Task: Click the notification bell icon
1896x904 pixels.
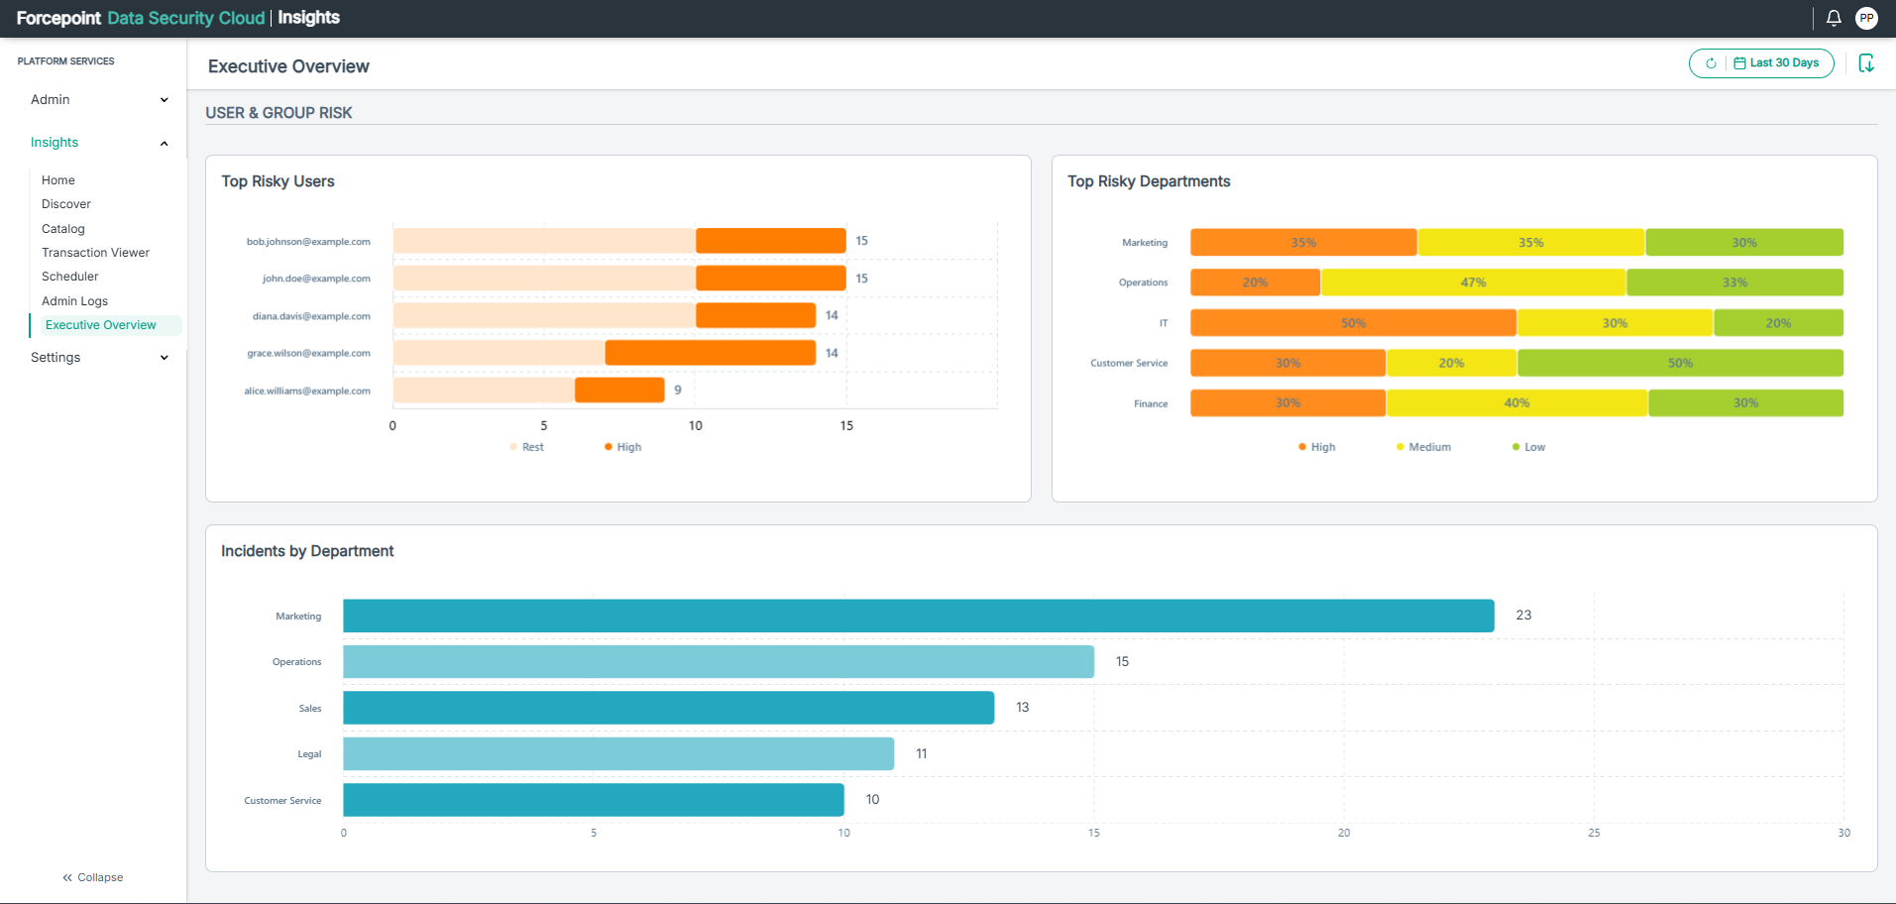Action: tap(1834, 18)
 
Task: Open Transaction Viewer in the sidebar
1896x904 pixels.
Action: tap(95, 253)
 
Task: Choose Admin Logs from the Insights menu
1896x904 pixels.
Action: tap(74, 301)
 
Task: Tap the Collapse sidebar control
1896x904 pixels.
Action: tap(93, 877)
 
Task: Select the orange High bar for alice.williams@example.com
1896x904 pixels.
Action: tap(619, 391)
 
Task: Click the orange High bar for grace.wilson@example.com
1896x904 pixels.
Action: tap(711, 353)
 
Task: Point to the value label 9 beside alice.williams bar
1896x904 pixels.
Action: tap(678, 391)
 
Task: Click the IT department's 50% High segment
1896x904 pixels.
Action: tap(1353, 323)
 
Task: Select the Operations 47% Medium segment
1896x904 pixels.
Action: tap(1473, 282)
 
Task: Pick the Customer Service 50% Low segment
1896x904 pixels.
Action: tap(1680, 363)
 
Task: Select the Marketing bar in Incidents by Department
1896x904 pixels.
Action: tap(919, 616)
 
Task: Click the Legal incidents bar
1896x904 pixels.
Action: tap(618, 753)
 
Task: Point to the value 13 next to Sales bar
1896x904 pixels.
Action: tap(1023, 708)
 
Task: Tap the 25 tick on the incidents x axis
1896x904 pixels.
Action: tap(1594, 833)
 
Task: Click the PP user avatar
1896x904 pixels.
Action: tap(1867, 18)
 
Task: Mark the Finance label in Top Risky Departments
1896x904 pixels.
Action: tap(1151, 403)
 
